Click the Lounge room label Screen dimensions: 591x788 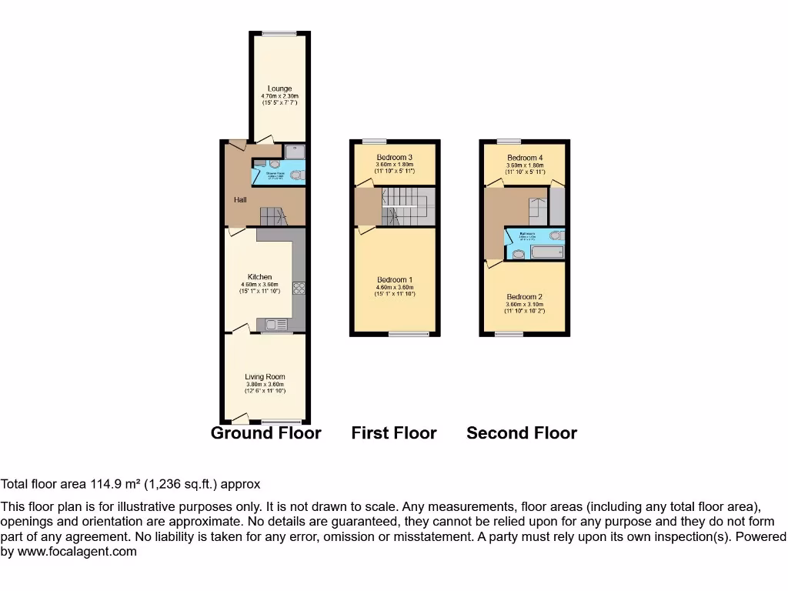[279, 88]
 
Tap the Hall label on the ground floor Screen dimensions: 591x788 [240, 200]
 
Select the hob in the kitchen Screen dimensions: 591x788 [299, 289]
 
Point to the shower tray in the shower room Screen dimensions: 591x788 [295, 152]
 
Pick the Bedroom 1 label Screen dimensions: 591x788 [395, 279]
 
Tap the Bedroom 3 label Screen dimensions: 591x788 [395, 158]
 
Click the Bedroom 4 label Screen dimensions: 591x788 [525, 158]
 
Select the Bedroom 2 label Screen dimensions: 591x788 [525, 297]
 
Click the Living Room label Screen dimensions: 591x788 [265, 377]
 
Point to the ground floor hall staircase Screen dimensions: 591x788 [272, 215]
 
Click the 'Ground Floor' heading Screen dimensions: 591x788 [265, 433]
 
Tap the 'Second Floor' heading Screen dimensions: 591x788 [522, 433]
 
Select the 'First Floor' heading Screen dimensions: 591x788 [394, 433]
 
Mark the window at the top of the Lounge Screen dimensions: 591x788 [279, 32]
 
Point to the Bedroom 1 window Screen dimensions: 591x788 [409, 334]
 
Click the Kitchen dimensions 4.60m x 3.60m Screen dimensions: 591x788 [259, 285]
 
